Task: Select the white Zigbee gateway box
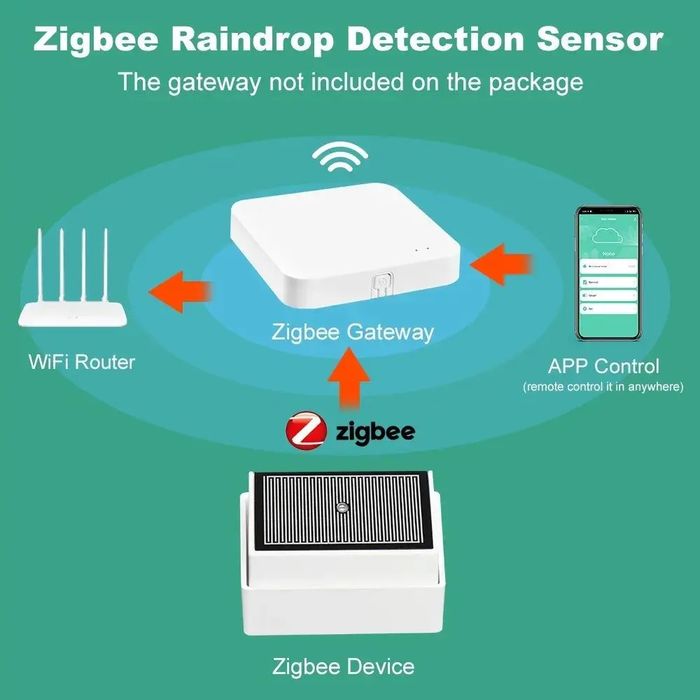tap(346, 241)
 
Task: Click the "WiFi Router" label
tap(82, 362)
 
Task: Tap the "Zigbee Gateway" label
tap(353, 332)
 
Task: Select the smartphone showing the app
tap(608, 273)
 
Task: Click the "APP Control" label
tap(603, 366)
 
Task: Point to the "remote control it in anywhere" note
tap(603, 387)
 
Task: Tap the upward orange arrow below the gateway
tap(349, 379)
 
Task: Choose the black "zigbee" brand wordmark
tap(375, 431)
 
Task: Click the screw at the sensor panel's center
tap(342, 506)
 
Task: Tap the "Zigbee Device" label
tap(343, 666)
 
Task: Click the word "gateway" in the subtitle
tap(213, 81)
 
